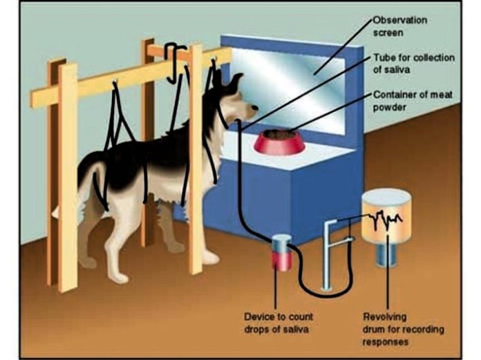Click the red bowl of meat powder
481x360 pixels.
[x=279, y=142]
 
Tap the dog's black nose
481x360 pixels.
[x=255, y=107]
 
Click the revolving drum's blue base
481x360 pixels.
[x=386, y=254]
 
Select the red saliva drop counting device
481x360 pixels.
[x=281, y=253]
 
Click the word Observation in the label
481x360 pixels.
[x=400, y=20]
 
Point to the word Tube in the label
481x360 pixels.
[x=384, y=57]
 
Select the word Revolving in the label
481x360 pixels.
[x=384, y=316]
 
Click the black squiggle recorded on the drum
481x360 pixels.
[x=385, y=219]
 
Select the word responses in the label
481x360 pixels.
[x=386, y=341]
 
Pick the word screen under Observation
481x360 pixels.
[x=388, y=32]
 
